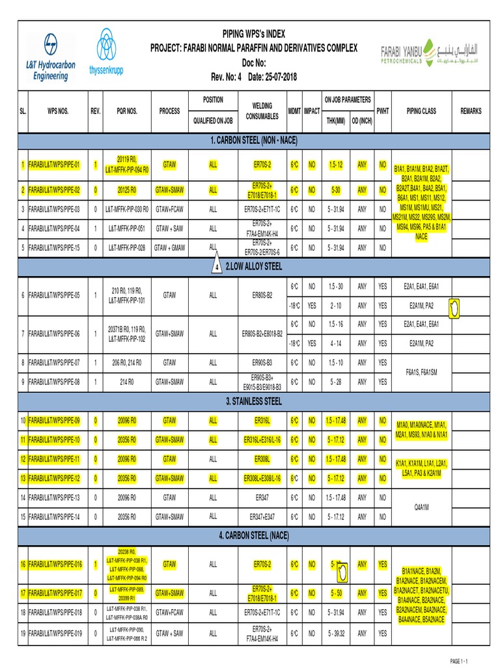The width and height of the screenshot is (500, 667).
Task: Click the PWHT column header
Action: [382, 111]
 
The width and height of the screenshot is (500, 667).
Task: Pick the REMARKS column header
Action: [471, 111]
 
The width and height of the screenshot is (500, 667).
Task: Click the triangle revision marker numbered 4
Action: [216, 268]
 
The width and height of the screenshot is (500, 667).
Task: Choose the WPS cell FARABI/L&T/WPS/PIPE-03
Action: [54, 210]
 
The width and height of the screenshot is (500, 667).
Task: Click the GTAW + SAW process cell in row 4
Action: [169, 229]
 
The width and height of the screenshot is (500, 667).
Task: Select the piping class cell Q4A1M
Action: [421, 507]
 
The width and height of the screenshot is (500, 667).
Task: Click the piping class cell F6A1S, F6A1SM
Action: [421, 372]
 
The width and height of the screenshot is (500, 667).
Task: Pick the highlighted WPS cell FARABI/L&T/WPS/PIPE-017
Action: [54, 594]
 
